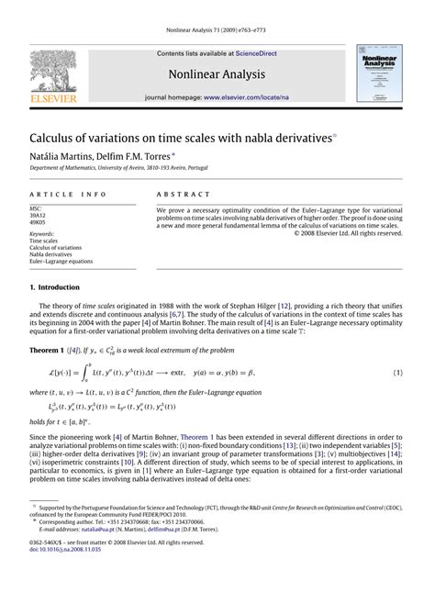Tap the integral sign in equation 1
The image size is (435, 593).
82,374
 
